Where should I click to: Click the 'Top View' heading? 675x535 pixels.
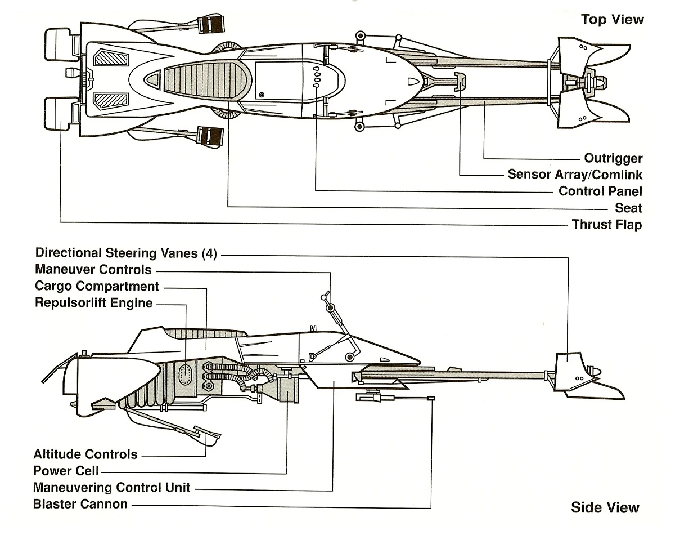click(x=613, y=20)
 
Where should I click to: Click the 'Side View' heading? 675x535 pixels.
click(x=605, y=507)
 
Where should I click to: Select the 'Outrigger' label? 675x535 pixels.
click(x=613, y=158)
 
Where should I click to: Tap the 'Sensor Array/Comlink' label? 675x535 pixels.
click(x=575, y=175)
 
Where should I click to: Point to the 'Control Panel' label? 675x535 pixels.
click(x=600, y=191)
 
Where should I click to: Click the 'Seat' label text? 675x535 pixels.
click(x=628, y=208)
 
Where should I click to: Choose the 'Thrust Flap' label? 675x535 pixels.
click(x=606, y=225)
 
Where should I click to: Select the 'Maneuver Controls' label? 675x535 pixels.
click(x=93, y=270)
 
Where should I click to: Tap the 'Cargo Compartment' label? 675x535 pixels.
click(x=97, y=287)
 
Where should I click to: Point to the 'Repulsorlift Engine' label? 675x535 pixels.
click(x=93, y=303)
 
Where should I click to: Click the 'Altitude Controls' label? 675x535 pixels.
click(x=85, y=454)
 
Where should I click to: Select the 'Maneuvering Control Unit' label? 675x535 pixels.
click(x=111, y=487)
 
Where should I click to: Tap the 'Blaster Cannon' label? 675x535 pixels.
click(x=80, y=503)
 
